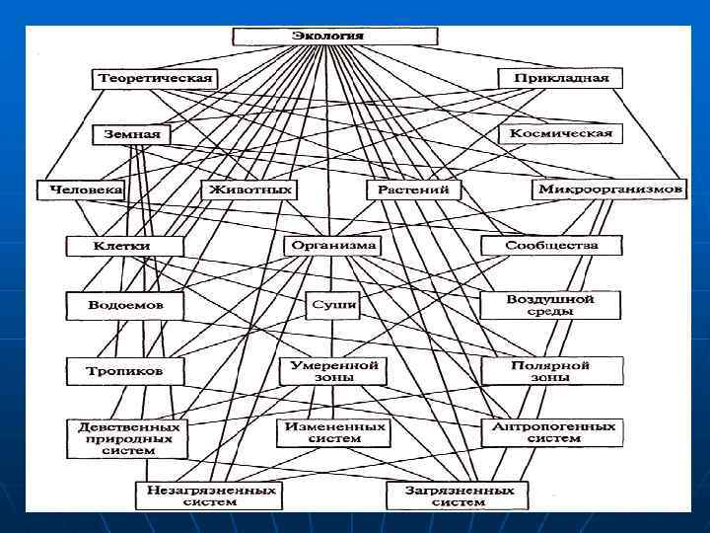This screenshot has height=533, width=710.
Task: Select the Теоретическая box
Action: tap(154, 77)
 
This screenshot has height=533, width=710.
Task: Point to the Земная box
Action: tap(132, 133)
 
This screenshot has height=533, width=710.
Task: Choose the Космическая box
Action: tap(560, 133)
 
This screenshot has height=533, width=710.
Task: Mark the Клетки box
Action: tap(123, 245)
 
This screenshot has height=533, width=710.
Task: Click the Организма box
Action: tap(330, 245)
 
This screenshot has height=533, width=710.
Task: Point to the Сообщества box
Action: tap(550, 245)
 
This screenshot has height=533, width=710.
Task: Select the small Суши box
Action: tap(333, 306)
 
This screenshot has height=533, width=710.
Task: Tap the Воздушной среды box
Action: tap(550, 305)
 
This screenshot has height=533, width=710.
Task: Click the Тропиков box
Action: tap(124, 371)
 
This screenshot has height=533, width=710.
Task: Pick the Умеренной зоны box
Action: tap(332, 371)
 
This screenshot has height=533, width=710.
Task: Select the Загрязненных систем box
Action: tap(450, 495)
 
